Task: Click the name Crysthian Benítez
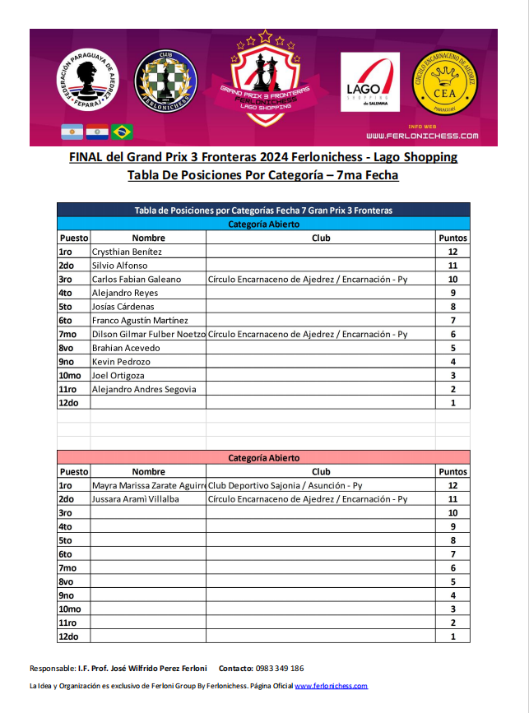(127, 252)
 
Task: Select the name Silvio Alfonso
(120, 266)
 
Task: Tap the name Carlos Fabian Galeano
(137, 280)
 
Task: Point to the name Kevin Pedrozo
(121, 362)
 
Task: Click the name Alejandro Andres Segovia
(144, 389)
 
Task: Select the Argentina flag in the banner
(72, 131)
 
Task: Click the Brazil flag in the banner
(123, 131)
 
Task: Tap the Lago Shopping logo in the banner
(370, 82)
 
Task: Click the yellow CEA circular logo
(445, 83)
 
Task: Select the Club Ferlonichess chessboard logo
(165, 81)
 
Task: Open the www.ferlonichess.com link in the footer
(331, 686)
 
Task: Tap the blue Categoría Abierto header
(263, 224)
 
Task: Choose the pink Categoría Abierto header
(263, 458)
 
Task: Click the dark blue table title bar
(263, 210)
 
